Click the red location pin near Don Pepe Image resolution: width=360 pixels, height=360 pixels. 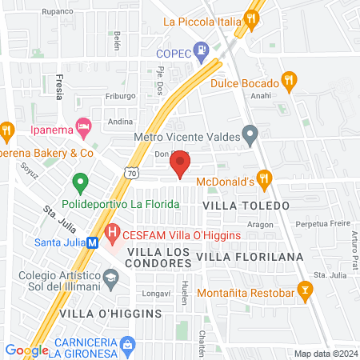click(x=180, y=166)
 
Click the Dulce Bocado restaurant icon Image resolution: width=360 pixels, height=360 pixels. click(x=290, y=81)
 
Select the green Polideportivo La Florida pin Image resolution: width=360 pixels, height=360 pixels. click(x=80, y=183)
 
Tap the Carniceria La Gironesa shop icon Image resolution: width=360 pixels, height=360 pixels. click(x=126, y=343)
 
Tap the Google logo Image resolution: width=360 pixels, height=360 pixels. click(x=27, y=350)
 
